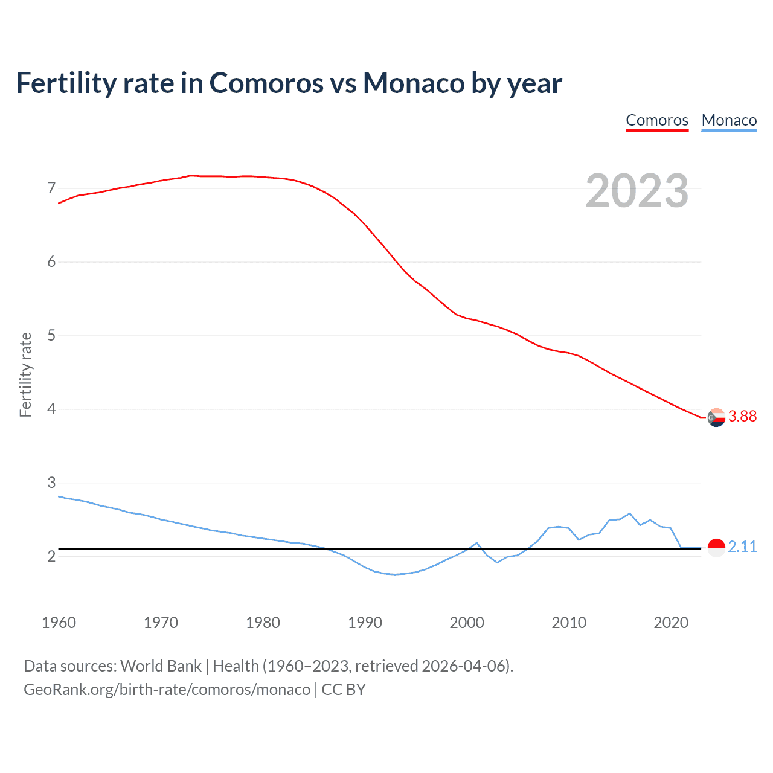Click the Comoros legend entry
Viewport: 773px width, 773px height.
(x=657, y=120)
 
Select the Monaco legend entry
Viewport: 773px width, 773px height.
(x=729, y=120)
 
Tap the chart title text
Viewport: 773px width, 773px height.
(x=289, y=83)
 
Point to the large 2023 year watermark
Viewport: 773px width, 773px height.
(x=637, y=191)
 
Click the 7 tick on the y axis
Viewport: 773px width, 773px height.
(x=51, y=188)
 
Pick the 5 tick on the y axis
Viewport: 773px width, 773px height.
(x=51, y=336)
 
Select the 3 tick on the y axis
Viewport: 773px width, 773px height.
(x=51, y=483)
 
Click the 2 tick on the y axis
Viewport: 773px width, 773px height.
(x=51, y=556)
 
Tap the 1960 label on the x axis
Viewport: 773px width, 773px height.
(x=59, y=623)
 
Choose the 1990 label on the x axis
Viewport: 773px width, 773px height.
(x=365, y=623)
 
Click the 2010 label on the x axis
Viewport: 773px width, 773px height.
(x=569, y=623)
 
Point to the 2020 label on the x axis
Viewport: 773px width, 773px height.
(x=671, y=623)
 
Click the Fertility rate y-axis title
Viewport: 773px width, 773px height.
(x=25, y=374)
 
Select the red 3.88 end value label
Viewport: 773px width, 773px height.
(x=742, y=416)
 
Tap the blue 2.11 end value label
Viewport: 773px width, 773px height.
(x=742, y=547)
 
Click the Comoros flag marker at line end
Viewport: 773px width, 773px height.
(x=716, y=417)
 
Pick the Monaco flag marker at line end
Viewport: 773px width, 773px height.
(x=716, y=548)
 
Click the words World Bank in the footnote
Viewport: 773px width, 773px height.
(x=161, y=666)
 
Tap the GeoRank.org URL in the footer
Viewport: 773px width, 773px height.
(x=167, y=690)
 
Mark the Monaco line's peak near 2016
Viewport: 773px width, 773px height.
(x=630, y=513)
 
